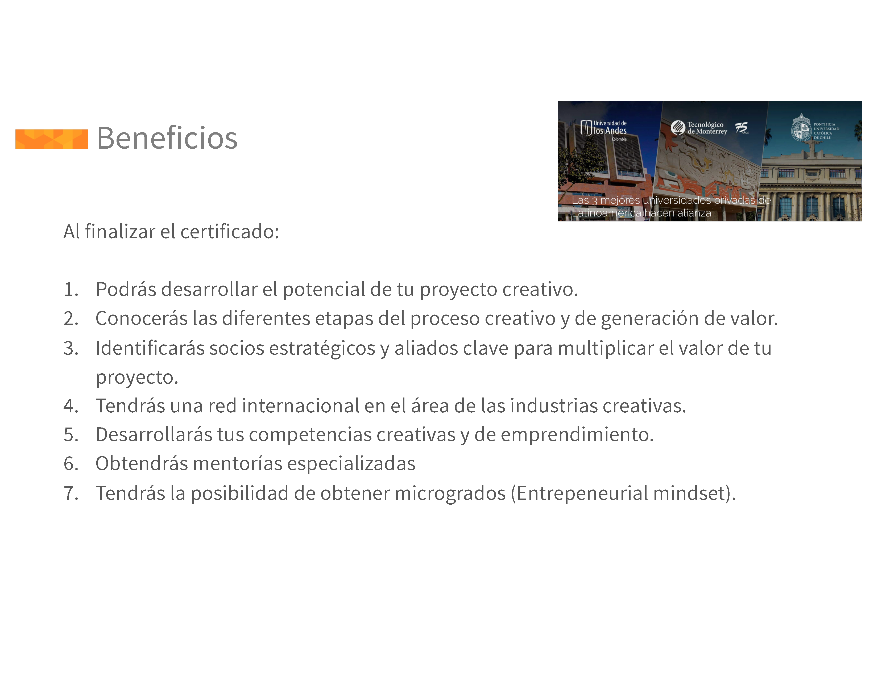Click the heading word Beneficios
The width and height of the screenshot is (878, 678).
click(x=167, y=138)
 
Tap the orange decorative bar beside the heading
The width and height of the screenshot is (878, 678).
click(x=51, y=139)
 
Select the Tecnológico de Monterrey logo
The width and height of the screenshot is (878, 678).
click(x=699, y=128)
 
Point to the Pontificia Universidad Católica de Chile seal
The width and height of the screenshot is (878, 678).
click(x=801, y=128)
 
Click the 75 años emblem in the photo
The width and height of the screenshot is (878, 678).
click(x=742, y=128)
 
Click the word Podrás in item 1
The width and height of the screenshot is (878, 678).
click(x=126, y=289)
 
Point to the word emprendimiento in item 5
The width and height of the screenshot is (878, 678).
click(x=577, y=435)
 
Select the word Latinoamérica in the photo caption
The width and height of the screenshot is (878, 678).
click(x=606, y=213)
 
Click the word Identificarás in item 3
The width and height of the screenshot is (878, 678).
click(x=150, y=348)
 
